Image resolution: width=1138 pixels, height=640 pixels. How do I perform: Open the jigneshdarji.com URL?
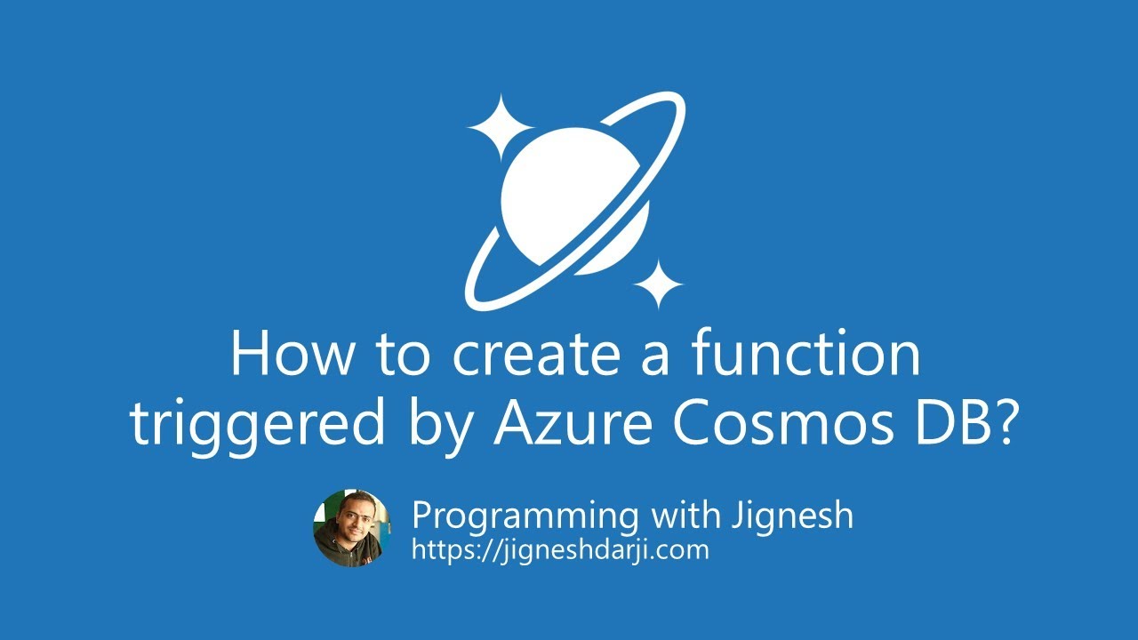tap(560, 549)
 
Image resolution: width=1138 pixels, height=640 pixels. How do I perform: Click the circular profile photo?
tap(352, 528)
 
